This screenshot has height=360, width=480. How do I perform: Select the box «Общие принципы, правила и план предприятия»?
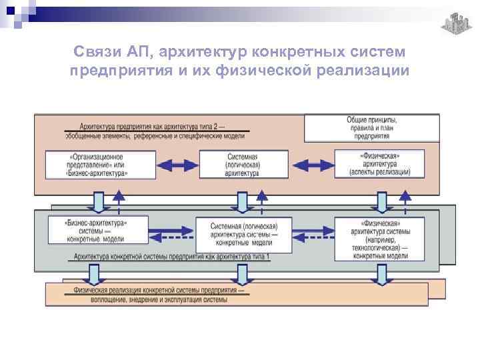pyautogui.click(x=372, y=127)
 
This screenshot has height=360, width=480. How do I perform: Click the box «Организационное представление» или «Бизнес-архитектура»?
pyautogui.click(x=101, y=164)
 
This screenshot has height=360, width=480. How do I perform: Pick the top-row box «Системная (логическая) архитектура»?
pyautogui.click(x=238, y=165)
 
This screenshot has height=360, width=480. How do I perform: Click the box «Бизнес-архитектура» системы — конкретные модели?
pyautogui.click(x=97, y=230)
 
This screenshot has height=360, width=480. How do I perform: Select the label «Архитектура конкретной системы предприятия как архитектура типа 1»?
pyautogui.click(x=173, y=257)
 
